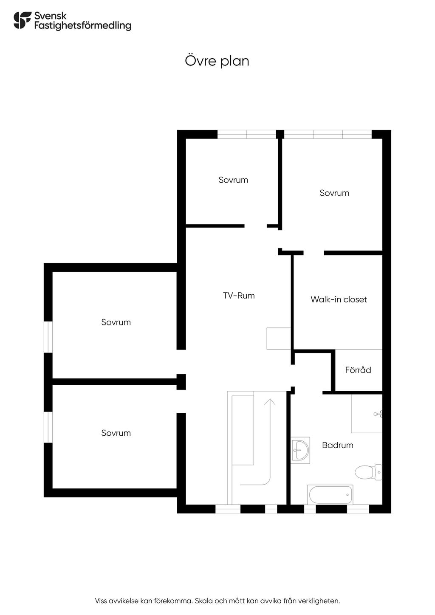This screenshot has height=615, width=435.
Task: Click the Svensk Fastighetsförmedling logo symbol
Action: point(22,20)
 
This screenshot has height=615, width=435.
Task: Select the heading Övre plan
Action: point(217,61)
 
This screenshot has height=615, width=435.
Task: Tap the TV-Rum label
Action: point(239,296)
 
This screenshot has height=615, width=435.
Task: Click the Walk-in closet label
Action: point(339,299)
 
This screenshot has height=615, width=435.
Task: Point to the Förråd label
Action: point(358,370)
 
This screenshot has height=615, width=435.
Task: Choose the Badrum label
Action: point(338,445)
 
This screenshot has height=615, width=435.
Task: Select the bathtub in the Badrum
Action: point(330,494)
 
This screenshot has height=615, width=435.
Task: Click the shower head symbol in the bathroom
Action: point(378,413)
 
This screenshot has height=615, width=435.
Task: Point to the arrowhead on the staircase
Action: point(270,401)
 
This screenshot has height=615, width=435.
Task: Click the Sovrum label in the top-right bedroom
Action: point(334,193)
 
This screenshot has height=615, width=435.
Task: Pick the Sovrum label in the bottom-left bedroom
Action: point(116,433)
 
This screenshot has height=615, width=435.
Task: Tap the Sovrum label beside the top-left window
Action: point(233,180)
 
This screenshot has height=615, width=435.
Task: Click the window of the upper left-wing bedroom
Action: point(48,337)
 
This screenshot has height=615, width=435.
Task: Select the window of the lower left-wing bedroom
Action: point(48,427)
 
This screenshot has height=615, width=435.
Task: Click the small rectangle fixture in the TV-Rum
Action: point(279,339)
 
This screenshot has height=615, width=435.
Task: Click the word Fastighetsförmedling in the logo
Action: point(82,25)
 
